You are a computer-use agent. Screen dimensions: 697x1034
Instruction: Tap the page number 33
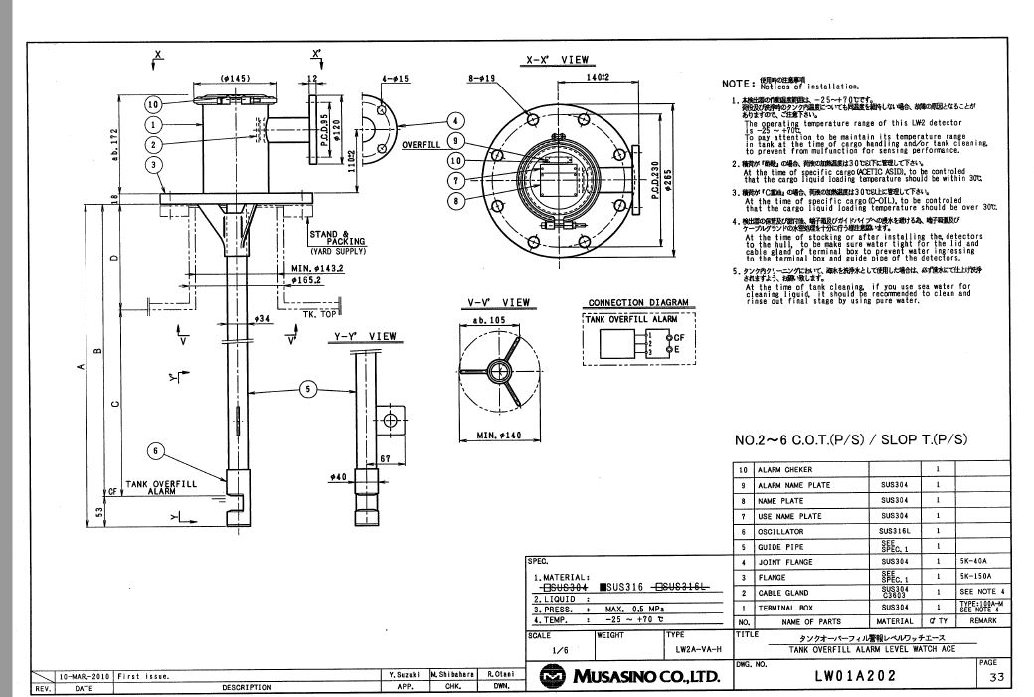[x=995, y=678]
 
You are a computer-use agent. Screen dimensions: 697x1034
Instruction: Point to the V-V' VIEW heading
[x=498, y=302]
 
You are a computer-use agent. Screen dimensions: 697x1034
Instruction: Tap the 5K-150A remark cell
[x=978, y=576]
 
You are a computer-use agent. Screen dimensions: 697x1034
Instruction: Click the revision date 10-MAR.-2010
[x=85, y=675]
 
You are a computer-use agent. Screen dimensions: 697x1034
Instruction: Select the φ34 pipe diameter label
[x=262, y=318]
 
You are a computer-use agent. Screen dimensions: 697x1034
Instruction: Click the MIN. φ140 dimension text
[x=499, y=435]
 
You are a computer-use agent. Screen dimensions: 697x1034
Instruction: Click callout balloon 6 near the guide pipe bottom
[x=154, y=450]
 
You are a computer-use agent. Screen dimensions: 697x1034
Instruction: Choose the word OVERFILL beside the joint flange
[x=422, y=144]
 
